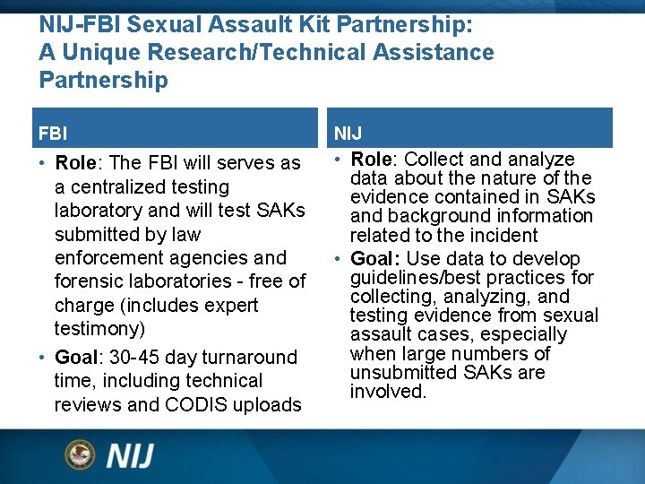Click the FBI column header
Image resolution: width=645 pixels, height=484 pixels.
click(x=52, y=134)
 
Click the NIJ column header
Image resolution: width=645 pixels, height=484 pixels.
click(x=348, y=134)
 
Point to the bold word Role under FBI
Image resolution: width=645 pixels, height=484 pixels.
click(x=76, y=163)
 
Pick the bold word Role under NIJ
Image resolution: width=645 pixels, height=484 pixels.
click(x=371, y=160)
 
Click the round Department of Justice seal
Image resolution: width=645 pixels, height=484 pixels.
click(x=80, y=454)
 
